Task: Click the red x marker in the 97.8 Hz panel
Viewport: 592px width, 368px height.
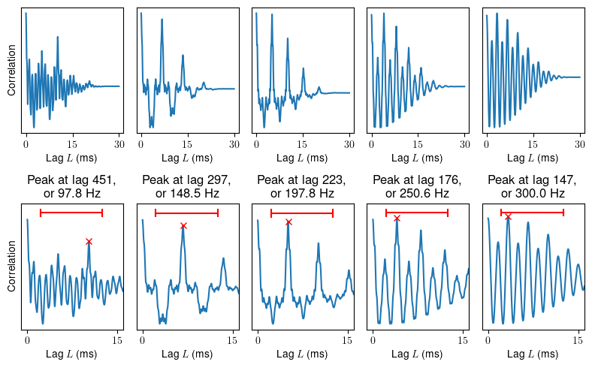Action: click(x=89, y=241)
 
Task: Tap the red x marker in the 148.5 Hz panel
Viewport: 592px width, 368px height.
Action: click(x=183, y=225)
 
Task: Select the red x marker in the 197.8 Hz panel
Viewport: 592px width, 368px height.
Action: click(x=288, y=222)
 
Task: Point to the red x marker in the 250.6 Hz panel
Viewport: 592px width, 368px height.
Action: click(x=397, y=218)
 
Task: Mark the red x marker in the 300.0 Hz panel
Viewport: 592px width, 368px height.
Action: click(x=509, y=217)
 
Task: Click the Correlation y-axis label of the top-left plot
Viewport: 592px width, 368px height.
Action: click(x=12, y=73)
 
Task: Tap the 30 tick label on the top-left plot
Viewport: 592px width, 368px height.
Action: click(x=119, y=143)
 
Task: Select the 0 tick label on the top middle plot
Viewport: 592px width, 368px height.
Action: click(x=256, y=143)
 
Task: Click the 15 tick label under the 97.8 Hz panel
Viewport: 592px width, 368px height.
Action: click(x=117, y=341)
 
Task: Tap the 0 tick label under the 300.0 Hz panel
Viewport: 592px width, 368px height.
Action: click(x=488, y=341)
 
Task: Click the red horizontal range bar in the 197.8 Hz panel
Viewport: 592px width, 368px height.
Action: click(x=301, y=213)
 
